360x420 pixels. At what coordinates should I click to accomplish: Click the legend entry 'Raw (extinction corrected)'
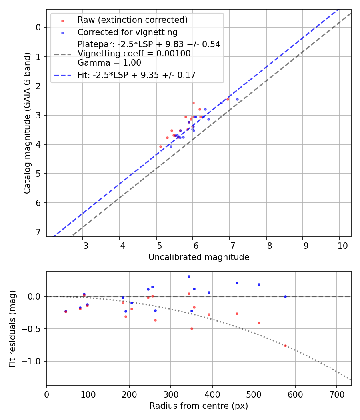click(x=132, y=20)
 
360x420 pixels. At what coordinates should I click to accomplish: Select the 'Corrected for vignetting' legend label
click(x=127, y=32)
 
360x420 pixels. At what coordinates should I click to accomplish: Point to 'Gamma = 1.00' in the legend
click(x=109, y=62)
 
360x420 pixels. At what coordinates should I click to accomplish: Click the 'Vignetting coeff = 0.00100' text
click(x=134, y=53)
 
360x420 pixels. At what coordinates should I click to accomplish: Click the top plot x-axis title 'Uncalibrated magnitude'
click(x=199, y=257)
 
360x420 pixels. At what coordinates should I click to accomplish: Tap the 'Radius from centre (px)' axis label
click(x=199, y=406)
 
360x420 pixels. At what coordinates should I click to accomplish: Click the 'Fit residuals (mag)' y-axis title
click(x=13, y=328)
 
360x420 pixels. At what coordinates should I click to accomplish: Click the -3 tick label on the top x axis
click(x=83, y=244)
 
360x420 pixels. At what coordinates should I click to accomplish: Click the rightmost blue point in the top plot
click(x=237, y=99)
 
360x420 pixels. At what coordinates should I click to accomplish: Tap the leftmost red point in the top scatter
click(x=160, y=146)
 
